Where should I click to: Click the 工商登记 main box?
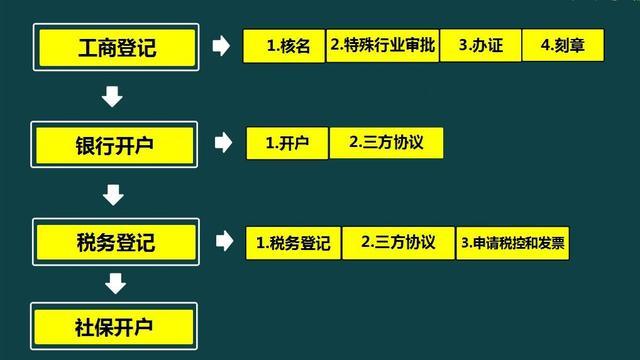[x=116, y=47]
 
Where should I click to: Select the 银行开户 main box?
[x=114, y=145]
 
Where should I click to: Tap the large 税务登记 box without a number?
[x=116, y=242]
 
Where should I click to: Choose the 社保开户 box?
[x=114, y=326]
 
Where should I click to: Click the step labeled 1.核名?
[x=284, y=46]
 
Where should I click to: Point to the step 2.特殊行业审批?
[x=383, y=45]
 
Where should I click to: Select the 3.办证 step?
[x=480, y=45]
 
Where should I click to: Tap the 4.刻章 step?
[x=563, y=45]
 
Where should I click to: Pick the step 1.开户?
[x=287, y=143]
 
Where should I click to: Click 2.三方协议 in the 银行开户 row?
[x=386, y=143]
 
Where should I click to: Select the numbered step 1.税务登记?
[x=293, y=243]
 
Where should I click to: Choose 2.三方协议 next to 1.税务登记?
[x=398, y=243]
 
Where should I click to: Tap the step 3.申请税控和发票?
[x=513, y=243]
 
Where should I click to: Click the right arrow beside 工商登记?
[x=221, y=45]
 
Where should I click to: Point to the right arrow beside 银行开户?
[x=223, y=142]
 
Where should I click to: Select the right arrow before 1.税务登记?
[x=224, y=240]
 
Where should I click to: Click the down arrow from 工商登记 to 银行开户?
[x=112, y=96]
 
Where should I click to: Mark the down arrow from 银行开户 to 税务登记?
[x=113, y=195]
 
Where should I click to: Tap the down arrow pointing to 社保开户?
[x=116, y=283]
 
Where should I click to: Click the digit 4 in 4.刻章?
[x=544, y=45]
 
